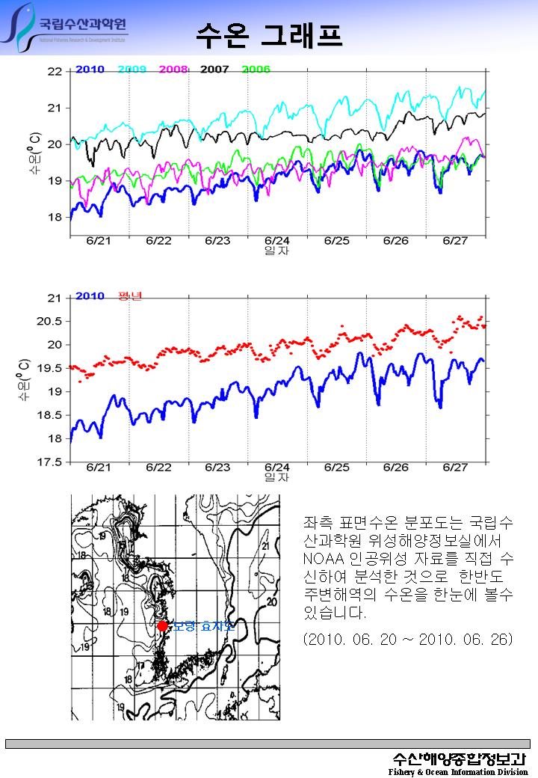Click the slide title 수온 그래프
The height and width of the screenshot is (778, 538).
tap(269, 34)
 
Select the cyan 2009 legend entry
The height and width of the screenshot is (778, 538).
tap(132, 70)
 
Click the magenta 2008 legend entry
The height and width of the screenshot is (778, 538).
tap(173, 70)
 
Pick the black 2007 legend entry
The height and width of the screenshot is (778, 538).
tap(214, 70)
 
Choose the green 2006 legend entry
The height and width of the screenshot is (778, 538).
tap(256, 70)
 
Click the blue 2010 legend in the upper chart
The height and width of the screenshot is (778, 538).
tap(90, 70)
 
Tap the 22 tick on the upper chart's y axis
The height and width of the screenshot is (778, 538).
tap(55, 72)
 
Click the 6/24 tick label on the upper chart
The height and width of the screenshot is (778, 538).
tap(277, 241)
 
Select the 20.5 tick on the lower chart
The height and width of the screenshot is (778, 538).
tap(50, 322)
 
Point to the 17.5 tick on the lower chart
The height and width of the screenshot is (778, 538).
tap(50, 462)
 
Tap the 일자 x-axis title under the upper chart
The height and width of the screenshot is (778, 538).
tap(277, 251)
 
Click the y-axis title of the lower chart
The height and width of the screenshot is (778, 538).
tap(25, 379)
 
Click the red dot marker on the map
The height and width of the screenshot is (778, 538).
tap(163, 625)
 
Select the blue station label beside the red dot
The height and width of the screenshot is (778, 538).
tap(203, 625)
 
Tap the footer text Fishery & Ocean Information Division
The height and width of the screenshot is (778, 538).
tap(458, 772)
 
